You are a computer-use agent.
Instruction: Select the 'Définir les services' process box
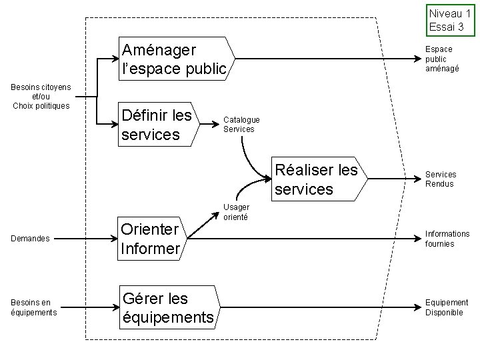(x=157, y=125)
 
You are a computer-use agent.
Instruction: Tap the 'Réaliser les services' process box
(x=317, y=179)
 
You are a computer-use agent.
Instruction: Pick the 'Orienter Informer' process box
(x=151, y=239)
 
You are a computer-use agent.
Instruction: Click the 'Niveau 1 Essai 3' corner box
(x=451, y=20)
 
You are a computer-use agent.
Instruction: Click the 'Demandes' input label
(x=31, y=239)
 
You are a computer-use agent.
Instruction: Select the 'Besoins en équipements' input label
(x=33, y=307)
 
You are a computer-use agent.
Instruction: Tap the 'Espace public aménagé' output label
(x=442, y=59)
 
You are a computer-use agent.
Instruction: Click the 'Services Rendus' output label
(x=440, y=179)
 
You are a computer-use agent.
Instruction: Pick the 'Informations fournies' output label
(x=447, y=239)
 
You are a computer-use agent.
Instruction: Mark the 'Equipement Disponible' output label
(x=447, y=307)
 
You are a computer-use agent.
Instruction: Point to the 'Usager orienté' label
(x=236, y=212)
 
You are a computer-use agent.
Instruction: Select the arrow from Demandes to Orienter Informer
(x=83, y=239)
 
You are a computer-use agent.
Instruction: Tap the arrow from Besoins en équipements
(x=83, y=307)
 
